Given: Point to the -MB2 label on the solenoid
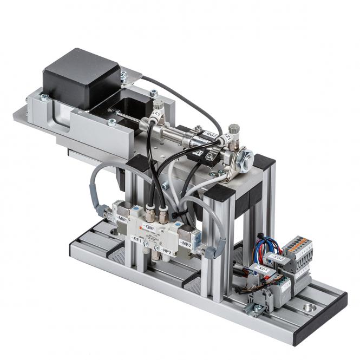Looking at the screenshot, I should (185, 244).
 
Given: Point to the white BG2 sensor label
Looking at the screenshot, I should (209, 138).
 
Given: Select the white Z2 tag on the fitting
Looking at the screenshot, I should (157, 115).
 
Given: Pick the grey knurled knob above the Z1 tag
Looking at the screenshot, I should (233, 129).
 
